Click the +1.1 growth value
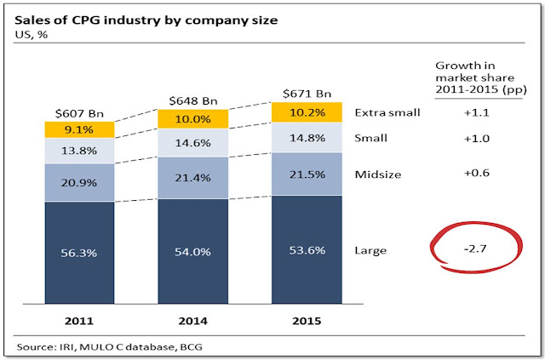459,111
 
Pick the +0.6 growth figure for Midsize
459,174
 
